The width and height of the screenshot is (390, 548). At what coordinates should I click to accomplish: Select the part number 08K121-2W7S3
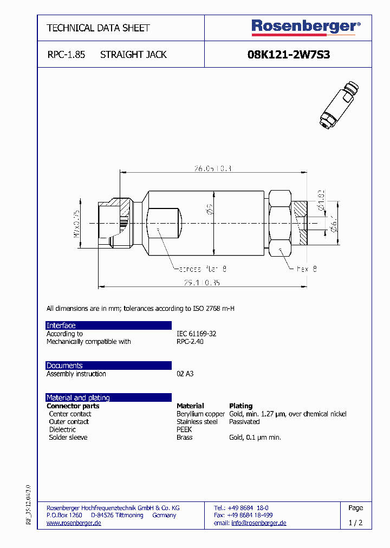click(288, 55)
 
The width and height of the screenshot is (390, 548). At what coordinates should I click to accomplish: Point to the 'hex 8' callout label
click(306, 269)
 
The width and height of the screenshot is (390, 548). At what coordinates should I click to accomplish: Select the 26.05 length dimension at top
click(213, 169)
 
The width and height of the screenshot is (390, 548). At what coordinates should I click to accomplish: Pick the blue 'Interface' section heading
click(61, 325)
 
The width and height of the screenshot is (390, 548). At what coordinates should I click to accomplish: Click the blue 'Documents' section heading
click(64, 366)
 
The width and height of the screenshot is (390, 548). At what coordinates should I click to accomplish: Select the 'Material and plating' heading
click(78, 397)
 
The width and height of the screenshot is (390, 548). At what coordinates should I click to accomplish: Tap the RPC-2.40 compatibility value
click(190, 342)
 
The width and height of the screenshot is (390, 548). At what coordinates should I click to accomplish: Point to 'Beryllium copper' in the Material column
click(200, 414)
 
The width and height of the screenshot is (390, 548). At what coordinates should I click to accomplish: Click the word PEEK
click(184, 429)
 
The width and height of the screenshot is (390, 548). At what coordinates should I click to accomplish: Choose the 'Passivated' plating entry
click(244, 421)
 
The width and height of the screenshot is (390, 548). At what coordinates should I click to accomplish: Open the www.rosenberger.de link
click(74, 523)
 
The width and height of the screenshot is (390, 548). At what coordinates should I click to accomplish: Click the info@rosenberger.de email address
click(258, 523)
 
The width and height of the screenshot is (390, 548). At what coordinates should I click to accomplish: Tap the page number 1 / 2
click(355, 523)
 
